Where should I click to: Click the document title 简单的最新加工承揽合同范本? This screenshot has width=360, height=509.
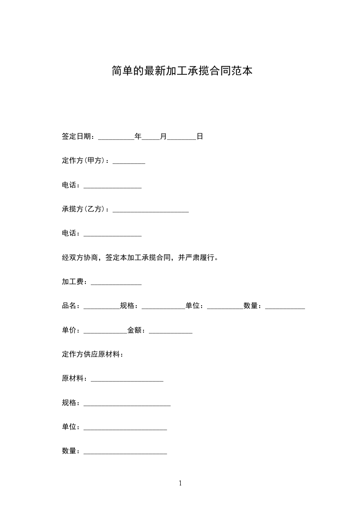point(182,71)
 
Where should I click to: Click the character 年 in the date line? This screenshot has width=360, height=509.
point(138,136)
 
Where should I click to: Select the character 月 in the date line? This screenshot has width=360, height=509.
point(163,136)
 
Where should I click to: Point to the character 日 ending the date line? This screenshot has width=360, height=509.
point(200,136)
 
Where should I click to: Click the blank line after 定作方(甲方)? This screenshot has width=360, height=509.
point(129,162)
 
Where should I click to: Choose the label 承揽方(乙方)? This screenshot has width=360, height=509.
point(84,209)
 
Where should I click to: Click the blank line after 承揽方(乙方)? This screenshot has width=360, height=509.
point(151,211)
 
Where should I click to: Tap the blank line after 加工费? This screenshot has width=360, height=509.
point(116,284)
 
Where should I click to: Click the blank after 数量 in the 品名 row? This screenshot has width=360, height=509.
point(285,308)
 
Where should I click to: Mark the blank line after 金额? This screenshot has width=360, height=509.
point(171,333)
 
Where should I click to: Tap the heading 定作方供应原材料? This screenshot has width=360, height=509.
point(93,354)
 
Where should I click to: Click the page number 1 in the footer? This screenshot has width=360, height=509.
point(180,484)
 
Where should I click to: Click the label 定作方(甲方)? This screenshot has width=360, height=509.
point(84,161)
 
